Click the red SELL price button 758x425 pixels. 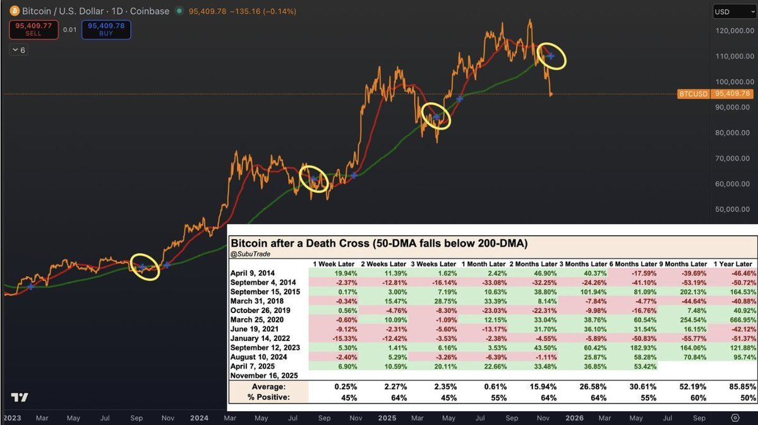tap(33, 29)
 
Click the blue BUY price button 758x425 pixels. tap(106, 29)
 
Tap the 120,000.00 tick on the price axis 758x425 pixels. tap(731, 30)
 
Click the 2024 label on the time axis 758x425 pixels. tap(200, 417)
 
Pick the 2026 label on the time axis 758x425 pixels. tap(574, 417)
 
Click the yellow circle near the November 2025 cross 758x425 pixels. tap(551, 56)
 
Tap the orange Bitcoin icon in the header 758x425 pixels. tap(13, 12)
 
